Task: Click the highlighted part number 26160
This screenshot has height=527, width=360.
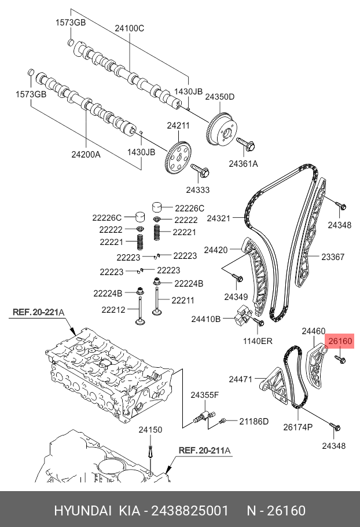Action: coord(340,342)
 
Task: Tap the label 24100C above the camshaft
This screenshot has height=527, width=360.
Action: coord(129,28)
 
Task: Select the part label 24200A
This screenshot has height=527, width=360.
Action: coord(86,155)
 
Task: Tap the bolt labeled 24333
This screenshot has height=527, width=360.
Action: coord(200,171)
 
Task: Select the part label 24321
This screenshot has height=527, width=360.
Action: coord(218,218)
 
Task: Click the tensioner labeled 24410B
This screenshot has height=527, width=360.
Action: coord(242,319)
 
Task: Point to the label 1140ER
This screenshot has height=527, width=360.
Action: coord(258,341)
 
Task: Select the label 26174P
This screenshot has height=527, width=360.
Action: coord(297,428)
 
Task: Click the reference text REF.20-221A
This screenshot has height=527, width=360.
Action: coord(38,313)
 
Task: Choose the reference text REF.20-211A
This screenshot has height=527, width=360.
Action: coord(204,450)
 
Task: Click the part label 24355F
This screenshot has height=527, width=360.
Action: coord(205,395)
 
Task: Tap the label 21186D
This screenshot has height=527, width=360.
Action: coord(254,421)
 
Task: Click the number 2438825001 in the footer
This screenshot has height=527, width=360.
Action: coord(191,510)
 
